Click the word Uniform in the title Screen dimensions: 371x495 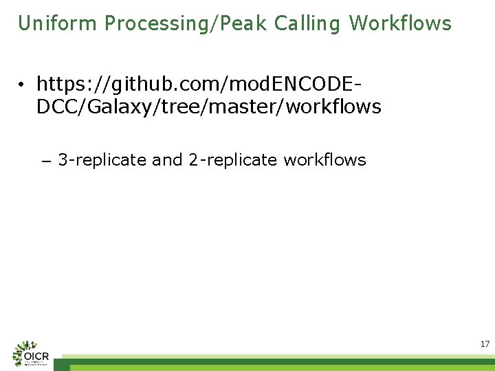coord(58,23)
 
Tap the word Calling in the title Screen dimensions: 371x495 coord(307,23)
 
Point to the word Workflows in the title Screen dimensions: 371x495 coord(400,23)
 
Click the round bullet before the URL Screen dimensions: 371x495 coord(23,85)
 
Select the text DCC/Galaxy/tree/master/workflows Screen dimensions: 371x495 coord(208,106)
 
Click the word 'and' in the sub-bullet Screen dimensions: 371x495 coord(167,160)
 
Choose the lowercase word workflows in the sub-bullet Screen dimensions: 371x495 coord(324,160)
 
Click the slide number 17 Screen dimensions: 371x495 coord(485,344)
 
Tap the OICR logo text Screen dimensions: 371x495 coord(36,357)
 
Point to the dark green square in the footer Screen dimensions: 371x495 coord(62,367)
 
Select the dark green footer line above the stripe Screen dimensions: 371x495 coord(275,361)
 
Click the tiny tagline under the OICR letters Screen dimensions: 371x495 coord(36,364)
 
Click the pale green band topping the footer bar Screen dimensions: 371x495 coord(275,357)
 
